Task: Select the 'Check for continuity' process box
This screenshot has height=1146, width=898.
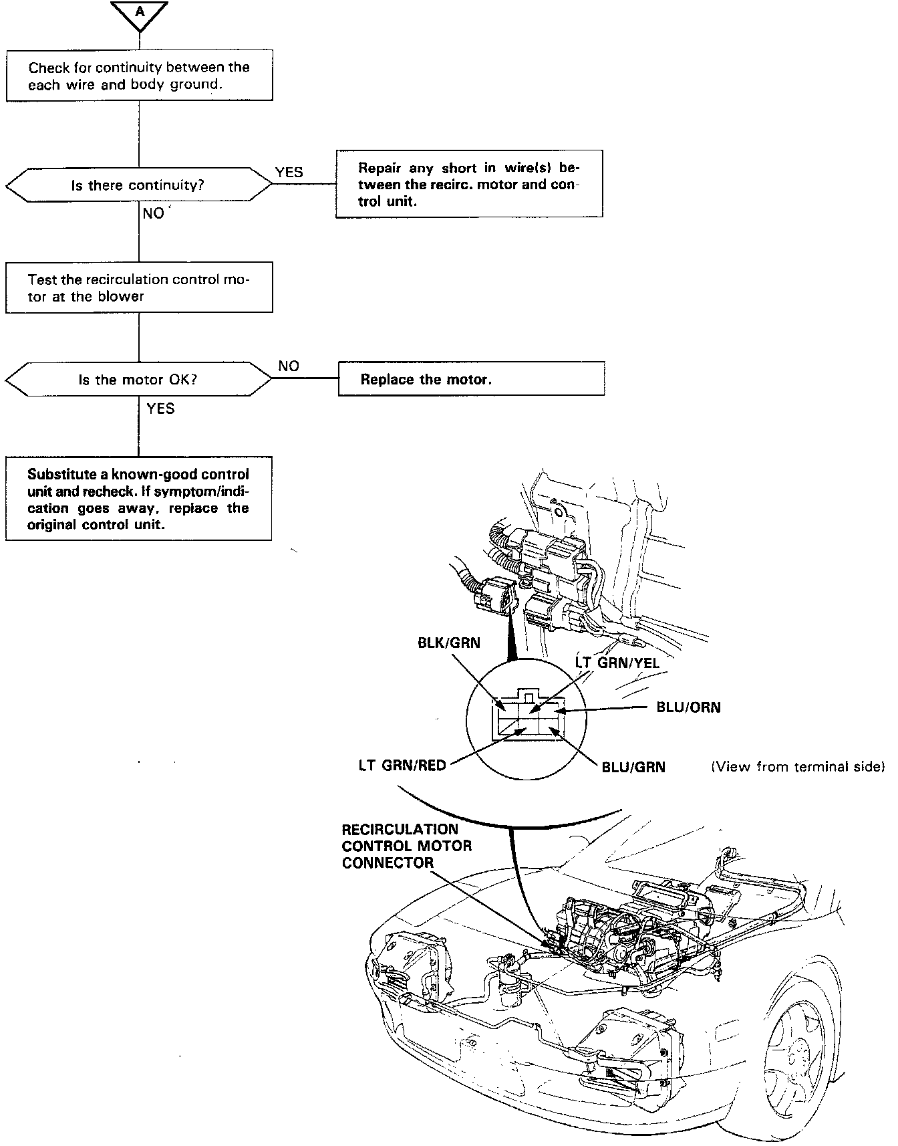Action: point(139,76)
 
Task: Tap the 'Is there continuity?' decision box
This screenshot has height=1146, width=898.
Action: point(138,185)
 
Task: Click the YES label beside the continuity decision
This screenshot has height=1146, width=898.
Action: point(289,173)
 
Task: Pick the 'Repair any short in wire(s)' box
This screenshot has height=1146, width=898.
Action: point(469,185)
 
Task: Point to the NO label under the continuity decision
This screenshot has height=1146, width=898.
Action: point(154,213)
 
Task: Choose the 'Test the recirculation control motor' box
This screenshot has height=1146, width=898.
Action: point(139,288)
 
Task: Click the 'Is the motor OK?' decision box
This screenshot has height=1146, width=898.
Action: point(138,380)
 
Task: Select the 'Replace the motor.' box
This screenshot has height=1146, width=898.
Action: point(471,379)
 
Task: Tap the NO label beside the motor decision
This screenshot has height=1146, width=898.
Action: point(289,366)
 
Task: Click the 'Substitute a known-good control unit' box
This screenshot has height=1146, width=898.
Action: point(139,499)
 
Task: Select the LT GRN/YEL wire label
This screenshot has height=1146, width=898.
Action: point(617,663)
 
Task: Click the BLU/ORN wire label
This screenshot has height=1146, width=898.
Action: point(689,707)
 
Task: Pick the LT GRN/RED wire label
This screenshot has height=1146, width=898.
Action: point(402,765)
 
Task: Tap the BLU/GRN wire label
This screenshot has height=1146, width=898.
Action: point(633,767)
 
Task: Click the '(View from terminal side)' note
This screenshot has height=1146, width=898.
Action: point(798,766)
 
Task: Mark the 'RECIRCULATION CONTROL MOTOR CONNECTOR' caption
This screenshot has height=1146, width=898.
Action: point(407,846)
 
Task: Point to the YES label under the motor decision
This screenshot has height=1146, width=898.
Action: point(160,409)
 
